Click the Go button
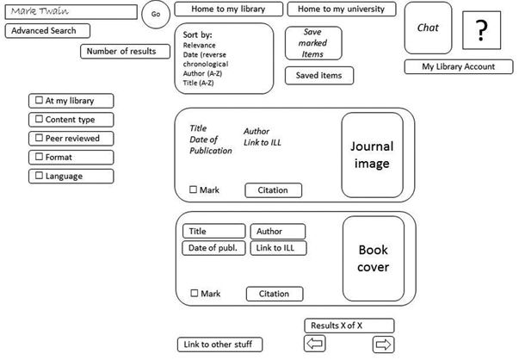pos(156,15)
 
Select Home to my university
pos(342,9)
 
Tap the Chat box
pos(428,28)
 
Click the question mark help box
pos(481,32)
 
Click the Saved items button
pos(318,76)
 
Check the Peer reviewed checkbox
pos(38,139)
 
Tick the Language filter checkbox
pos(38,177)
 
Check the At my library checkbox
pos(38,101)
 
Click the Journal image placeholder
pos(372,156)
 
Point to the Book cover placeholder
pos(374,259)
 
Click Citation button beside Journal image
pos(273,190)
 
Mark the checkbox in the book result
pos(195,295)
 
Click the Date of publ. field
pos(213,249)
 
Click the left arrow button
pos(315,344)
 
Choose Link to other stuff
pos(219,345)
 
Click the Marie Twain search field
pos(71,13)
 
